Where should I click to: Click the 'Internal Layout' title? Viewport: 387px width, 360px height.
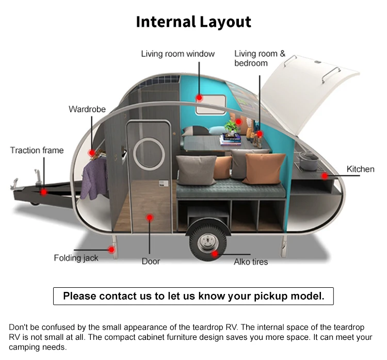(x=193, y=22)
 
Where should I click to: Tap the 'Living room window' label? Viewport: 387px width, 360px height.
(x=178, y=54)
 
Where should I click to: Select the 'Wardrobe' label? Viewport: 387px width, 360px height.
(x=87, y=109)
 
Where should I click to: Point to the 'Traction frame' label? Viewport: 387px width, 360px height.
(x=37, y=150)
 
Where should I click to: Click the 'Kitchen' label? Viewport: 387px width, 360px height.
(x=360, y=169)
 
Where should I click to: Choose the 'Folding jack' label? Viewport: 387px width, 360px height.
(x=76, y=257)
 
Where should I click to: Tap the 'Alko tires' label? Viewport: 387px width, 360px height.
(x=251, y=261)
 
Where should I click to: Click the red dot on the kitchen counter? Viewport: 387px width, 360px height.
(x=325, y=176)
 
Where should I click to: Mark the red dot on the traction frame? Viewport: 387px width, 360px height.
(x=44, y=192)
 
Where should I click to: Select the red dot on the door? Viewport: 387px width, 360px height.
(x=149, y=218)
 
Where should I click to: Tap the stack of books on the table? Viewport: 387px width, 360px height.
(x=230, y=140)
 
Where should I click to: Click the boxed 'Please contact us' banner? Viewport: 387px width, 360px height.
(x=193, y=296)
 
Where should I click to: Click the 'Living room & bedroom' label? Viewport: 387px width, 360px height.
(x=260, y=58)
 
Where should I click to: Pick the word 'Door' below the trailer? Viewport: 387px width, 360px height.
(x=151, y=261)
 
